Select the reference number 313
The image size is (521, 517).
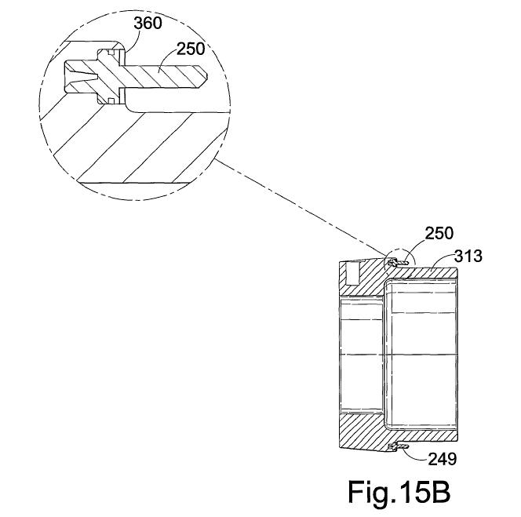(468, 257)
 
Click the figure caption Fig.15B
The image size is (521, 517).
(399, 492)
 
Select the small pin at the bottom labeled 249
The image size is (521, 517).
(395, 448)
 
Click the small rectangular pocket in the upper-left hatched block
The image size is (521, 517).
(351, 274)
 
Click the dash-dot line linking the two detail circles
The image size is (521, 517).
(298, 205)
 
